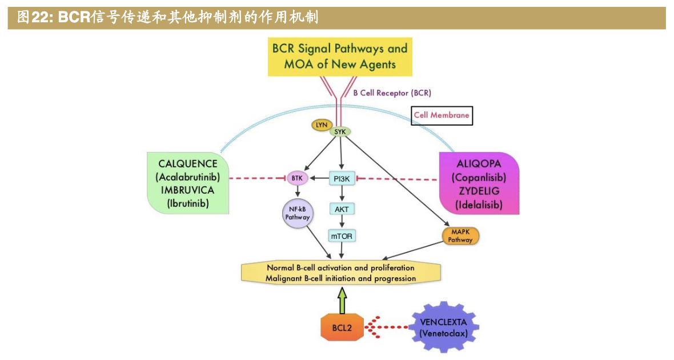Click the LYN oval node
point(321,125)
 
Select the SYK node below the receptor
point(340,131)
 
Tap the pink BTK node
point(297,178)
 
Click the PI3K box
point(342,179)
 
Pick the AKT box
point(342,209)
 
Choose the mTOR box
point(342,235)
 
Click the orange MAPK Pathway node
point(460,236)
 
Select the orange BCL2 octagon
point(342,328)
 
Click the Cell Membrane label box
point(442,115)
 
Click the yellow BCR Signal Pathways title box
point(340,55)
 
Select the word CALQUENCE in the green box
point(188,164)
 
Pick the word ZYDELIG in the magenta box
point(479,191)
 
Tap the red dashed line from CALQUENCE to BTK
point(257,178)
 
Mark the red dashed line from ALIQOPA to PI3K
point(398,179)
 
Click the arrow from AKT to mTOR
point(342,222)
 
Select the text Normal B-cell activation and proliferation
point(340,267)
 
